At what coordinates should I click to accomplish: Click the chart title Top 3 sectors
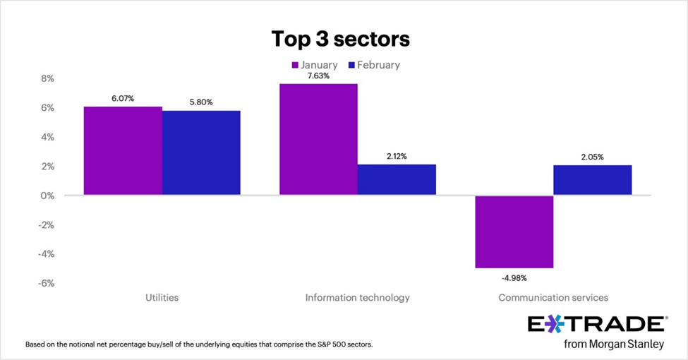(x=341, y=40)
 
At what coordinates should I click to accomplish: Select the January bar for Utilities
(x=123, y=151)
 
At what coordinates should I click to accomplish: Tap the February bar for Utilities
(x=201, y=153)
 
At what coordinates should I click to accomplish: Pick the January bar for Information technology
(x=318, y=140)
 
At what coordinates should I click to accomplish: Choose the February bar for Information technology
(x=397, y=180)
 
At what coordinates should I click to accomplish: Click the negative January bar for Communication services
(x=514, y=232)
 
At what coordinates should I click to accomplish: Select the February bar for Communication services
(x=592, y=181)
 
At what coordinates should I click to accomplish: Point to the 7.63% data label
(x=318, y=76)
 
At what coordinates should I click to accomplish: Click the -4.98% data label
(x=514, y=277)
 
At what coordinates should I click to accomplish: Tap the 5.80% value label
(x=201, y=102)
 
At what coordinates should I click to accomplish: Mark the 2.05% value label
(x=592, y=157)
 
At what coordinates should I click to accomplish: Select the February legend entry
(x=373, y=65)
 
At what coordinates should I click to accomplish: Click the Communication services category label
(x=553, y=298)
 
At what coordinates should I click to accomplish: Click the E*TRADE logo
(x=596, y=324)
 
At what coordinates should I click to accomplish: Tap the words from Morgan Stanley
(x=614, y=344)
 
